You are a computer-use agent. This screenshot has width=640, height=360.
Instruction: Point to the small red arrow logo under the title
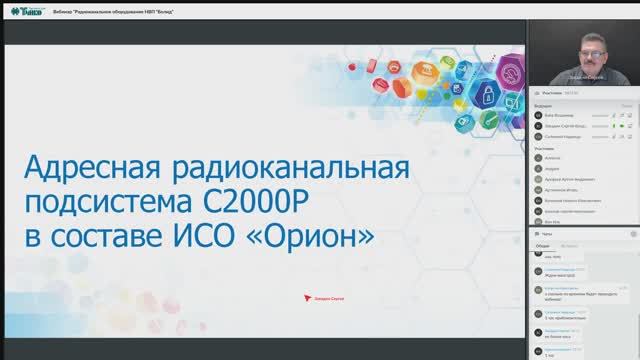click(306, 297)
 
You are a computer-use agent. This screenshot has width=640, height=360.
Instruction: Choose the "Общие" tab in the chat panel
click(543, 244)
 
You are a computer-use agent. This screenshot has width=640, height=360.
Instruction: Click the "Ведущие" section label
click(544, 104)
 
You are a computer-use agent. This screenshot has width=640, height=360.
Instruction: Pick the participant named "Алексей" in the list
click(553, 158)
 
